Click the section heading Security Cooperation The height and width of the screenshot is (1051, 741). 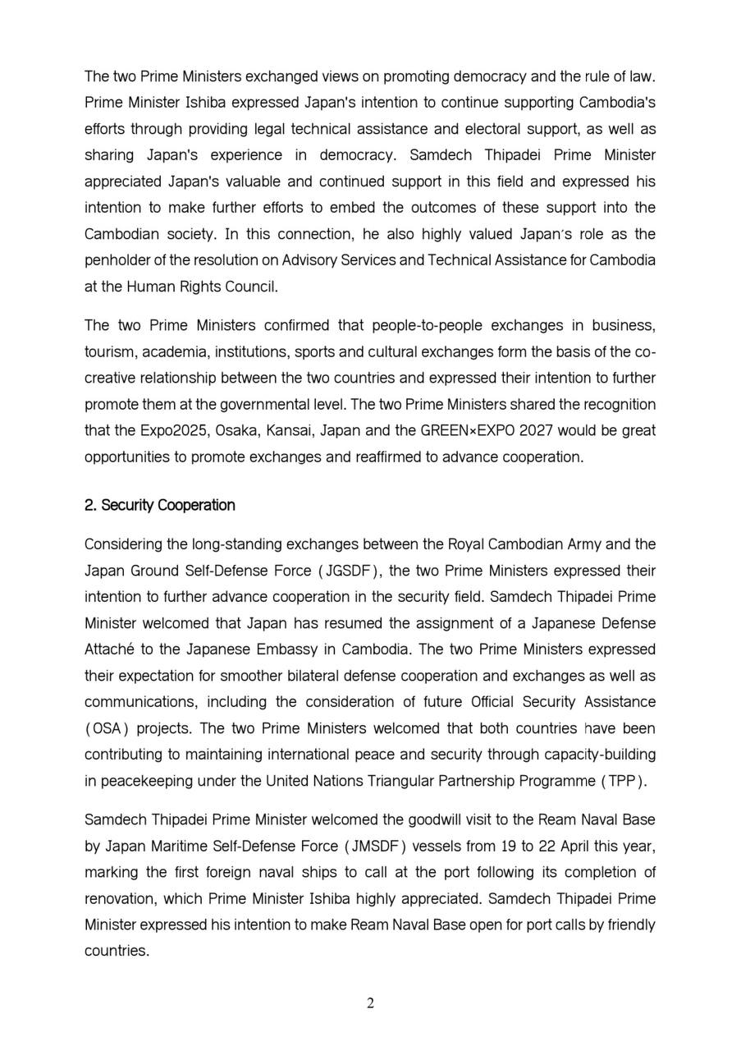tap(159, 505)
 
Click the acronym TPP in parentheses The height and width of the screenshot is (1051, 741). tap(622, 781)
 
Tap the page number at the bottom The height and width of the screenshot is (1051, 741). tap(371, 1003)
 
